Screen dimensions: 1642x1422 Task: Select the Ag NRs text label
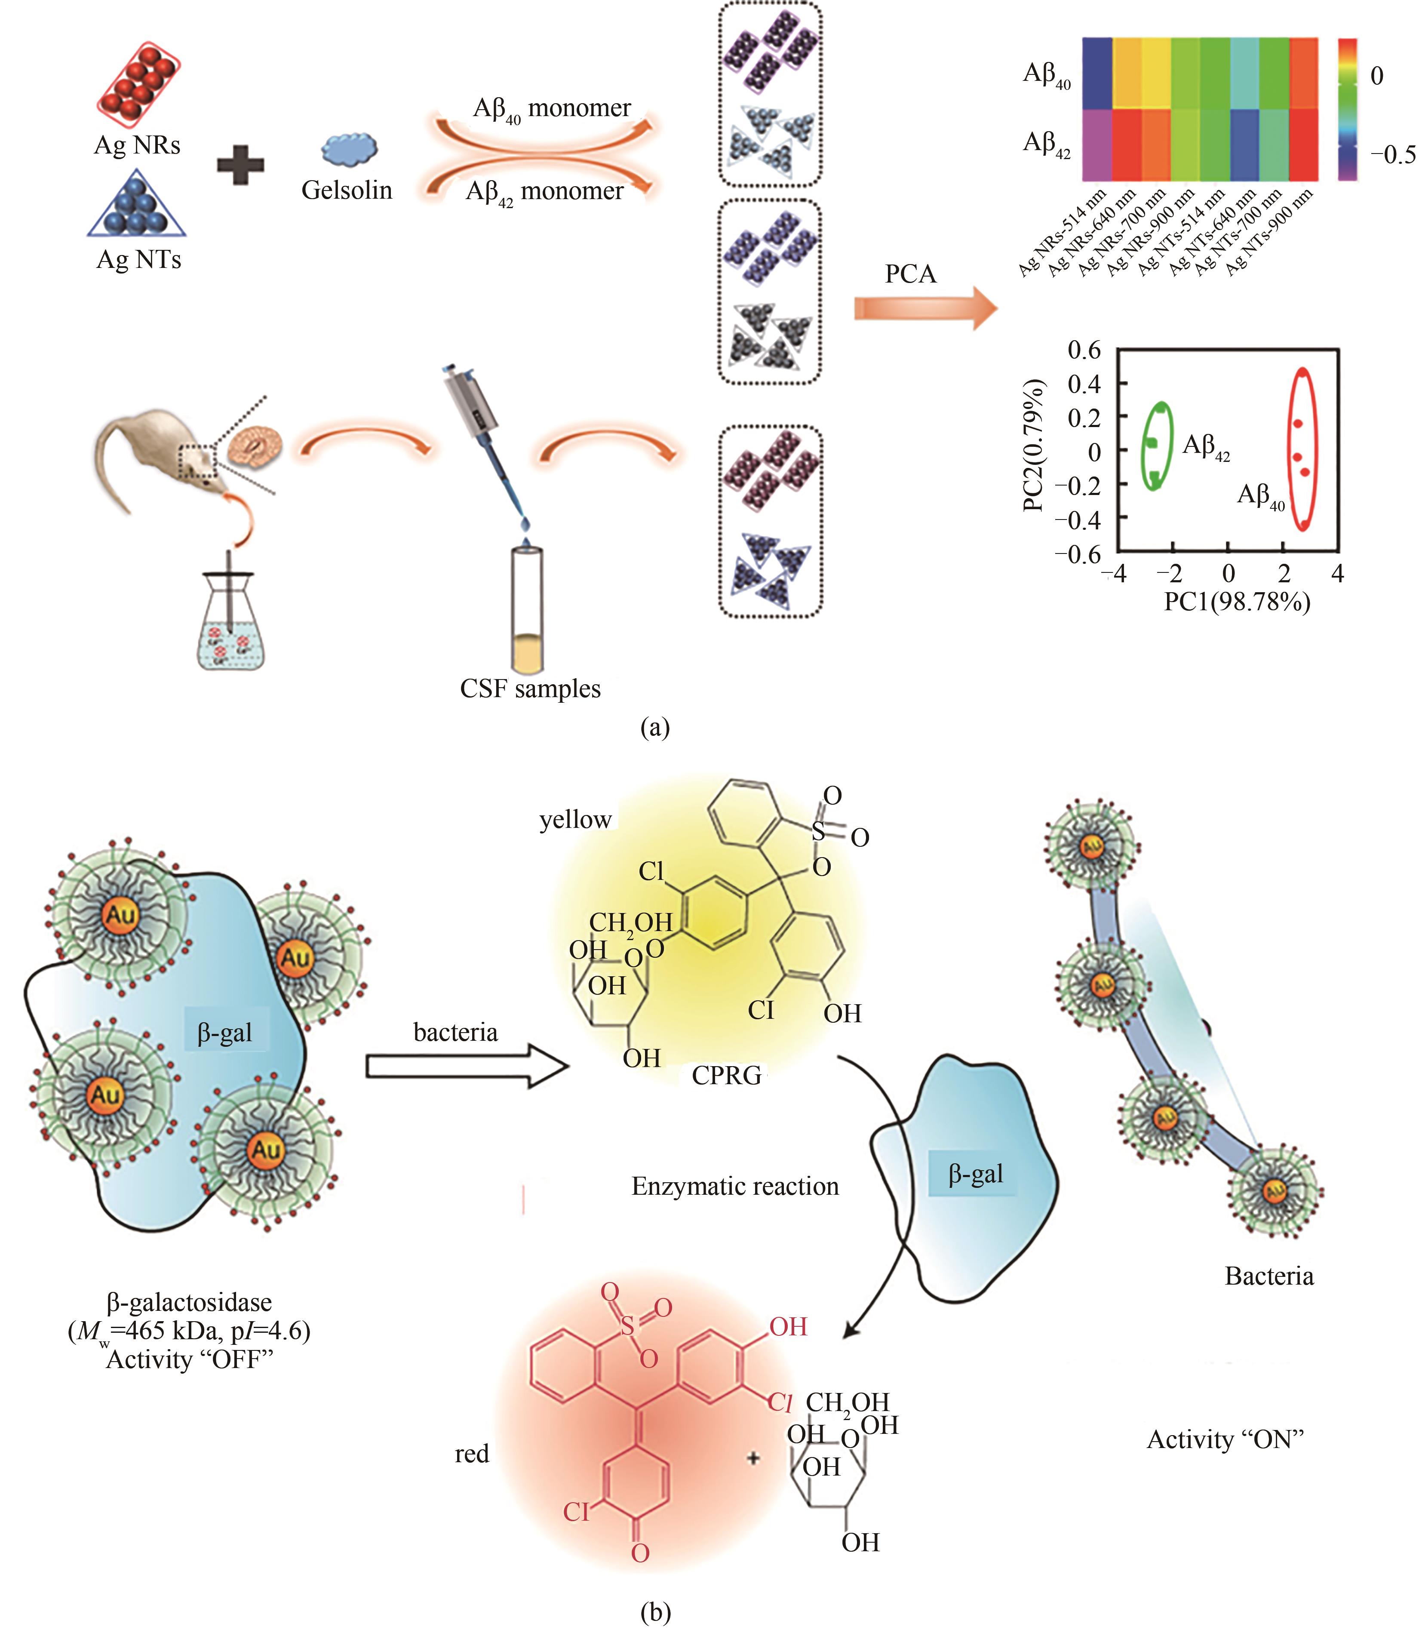(137, 145)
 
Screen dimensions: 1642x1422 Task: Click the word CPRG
(726, 1075)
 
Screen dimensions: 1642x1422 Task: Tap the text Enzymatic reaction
(735, 1187)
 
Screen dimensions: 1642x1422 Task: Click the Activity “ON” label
(1225, 1439)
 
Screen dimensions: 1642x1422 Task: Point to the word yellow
(575, 820)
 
